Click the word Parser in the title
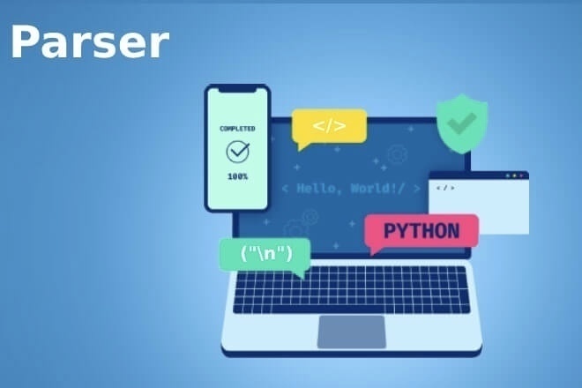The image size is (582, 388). (89, 42)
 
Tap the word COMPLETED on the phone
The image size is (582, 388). (237, 129)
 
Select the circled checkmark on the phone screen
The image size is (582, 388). (237, 152)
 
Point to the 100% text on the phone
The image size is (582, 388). (237, 176)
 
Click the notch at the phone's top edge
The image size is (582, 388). (236, 88)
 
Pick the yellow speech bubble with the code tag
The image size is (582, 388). (329, 126)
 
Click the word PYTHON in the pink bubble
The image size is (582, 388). (422, 231)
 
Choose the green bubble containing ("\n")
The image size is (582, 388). (265, 254)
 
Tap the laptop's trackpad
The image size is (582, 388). (350, 331)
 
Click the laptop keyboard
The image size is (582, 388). (350, 290)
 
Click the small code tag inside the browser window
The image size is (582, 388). (445, 188)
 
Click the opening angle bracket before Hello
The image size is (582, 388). (284, 189)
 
